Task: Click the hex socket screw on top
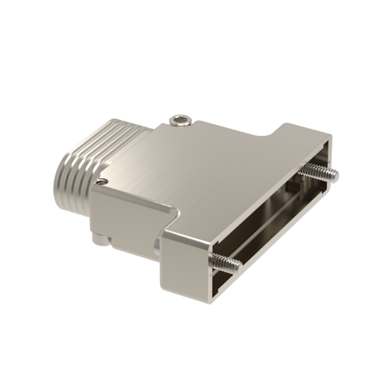[x=181, y=121]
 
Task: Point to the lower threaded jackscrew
[x=226, y=261]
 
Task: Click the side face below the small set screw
[x=111, y=218]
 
